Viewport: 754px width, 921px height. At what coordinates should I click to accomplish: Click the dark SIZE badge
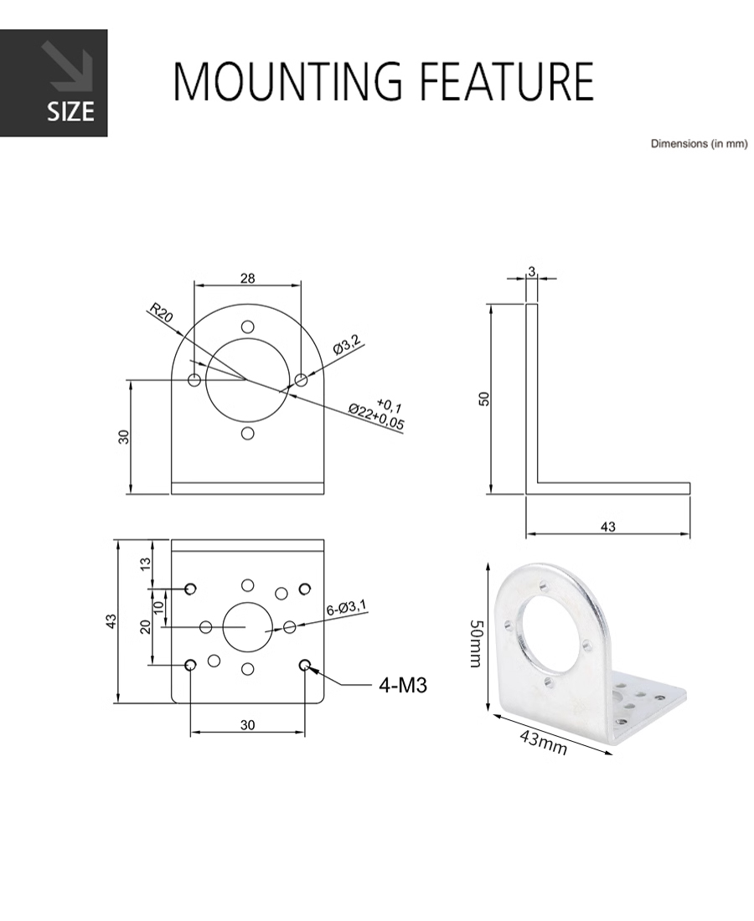coord(54,83)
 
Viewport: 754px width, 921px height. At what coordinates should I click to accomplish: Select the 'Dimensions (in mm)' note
coord(699,143)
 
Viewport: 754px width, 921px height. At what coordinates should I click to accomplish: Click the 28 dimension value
coord(248,278)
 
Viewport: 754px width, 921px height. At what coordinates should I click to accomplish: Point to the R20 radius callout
coord(161,312)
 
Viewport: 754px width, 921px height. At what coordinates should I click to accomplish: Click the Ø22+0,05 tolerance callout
coord(376,417)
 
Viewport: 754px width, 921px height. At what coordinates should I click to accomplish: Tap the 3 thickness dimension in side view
coord(532,271)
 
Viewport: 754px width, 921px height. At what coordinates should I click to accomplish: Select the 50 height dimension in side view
coord(483,399)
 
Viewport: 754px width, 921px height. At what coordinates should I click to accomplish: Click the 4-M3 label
coord(403,685)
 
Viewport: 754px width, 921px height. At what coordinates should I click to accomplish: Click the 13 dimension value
coord(146,562)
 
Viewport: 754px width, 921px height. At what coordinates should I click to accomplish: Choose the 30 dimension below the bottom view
coord(247,725)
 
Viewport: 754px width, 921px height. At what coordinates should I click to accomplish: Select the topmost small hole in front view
coord(248,327)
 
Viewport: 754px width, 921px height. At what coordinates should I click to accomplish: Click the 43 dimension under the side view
coord(608,527)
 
